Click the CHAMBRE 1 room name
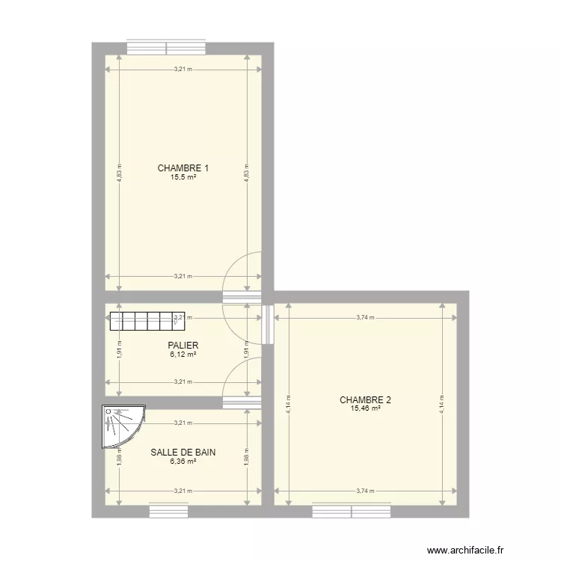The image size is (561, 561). click(x=183, y=168)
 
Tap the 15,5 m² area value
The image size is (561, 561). click(x=183, y=177)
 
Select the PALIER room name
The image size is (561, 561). click(x=183, y=346)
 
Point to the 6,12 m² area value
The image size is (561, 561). click(x=183, y=355)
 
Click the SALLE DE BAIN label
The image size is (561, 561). click(x=183, y=453)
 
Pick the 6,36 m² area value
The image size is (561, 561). click(x=183, y=462)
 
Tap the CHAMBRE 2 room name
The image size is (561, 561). click(x=365, y=400)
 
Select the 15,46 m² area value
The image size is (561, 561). click(x=365, y=409)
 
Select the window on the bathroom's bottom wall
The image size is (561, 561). click(x=169, y=512)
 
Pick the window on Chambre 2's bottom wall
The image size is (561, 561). click(x=352, y=512)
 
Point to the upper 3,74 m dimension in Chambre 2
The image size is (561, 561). click(x=365, y=317)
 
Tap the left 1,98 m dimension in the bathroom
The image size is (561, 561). click(x=118, y=458)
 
